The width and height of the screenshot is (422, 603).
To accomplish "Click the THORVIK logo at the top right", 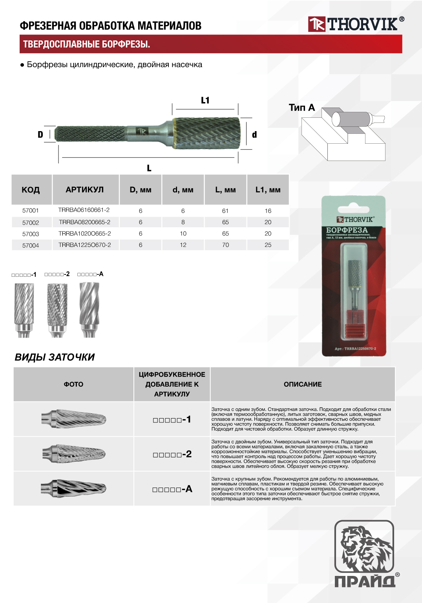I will click(356, 24).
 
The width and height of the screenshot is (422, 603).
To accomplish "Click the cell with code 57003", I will click(31, 234).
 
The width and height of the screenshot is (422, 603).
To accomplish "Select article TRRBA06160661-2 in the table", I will click(84, 210).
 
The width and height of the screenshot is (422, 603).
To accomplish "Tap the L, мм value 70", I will click(225, 245).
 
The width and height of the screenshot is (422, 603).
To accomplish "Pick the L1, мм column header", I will click(268, 190).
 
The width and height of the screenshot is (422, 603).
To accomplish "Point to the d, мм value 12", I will click(183, 245).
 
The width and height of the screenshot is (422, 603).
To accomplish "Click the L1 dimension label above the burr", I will click(205, 100).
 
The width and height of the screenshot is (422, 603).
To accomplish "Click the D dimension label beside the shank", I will click(40, 135).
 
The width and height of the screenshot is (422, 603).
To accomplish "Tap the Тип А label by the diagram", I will click(301, 108).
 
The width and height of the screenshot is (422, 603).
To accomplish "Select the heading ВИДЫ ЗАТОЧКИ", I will click(55, 357).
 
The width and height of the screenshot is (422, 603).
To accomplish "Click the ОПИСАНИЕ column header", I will click(303, 384).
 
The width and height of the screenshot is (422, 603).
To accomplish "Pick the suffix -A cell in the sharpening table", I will click(172, 489).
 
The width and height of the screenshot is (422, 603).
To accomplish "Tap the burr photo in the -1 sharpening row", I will click(74, 419).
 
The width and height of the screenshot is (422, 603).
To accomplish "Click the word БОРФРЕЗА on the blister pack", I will click(347, 230).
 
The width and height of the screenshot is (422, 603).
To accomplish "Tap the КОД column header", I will click(31, 190).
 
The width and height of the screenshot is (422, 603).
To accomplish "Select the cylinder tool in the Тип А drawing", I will click(351, 119).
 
